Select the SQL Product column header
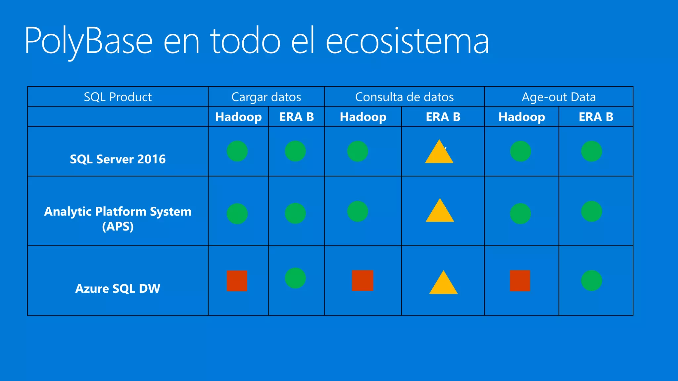tap(118, 97)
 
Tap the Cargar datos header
tap(266, 97)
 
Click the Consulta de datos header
tap(404, 97)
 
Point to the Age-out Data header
tap(558, 97)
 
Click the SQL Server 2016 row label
tap(118, 159)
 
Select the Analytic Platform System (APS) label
tap(118, 219)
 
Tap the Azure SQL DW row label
tap(118, 288)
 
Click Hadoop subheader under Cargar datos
tap(238, 117)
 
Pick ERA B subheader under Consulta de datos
tap(443, 117)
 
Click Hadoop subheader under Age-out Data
tap(521, 117)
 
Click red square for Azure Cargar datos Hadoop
tap(237, 281)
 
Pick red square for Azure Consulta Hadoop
tap(363, 280)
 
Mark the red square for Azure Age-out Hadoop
tap(520, 280)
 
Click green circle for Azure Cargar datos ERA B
tap(295, 278)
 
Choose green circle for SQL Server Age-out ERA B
tap(592, 151)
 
